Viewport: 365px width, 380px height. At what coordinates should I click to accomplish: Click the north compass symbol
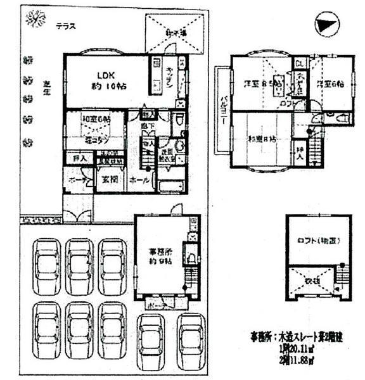[327, 26]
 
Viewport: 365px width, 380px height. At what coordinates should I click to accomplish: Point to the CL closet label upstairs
[300, 62]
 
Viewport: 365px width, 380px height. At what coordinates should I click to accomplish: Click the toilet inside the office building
[191, 257]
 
